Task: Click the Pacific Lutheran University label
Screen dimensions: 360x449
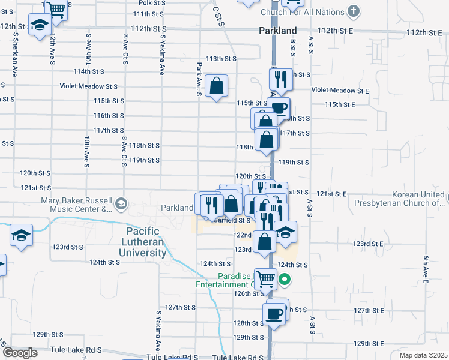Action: click(x=146, y=242)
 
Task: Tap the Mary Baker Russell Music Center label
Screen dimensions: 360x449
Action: click(x=76, y=205)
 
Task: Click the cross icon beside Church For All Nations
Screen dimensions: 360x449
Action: click(x=354, y=11)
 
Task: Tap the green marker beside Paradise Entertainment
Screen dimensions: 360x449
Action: click(x=286, y=279)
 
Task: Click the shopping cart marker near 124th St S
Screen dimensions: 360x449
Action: click(x=265, y=278)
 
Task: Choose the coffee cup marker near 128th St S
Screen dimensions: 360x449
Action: click(x=275, y=313)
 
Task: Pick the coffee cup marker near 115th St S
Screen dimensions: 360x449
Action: click(x=279, y=108)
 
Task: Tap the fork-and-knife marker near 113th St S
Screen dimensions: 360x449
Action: click(x=280, y=78)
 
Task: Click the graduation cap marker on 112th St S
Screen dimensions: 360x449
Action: click(x=40, y=26)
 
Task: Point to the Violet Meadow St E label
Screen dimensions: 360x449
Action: click(x=339, y=91)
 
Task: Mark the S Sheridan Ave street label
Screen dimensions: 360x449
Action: click(x=13, y=54)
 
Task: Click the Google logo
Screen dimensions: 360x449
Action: click(x=19, y=352)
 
